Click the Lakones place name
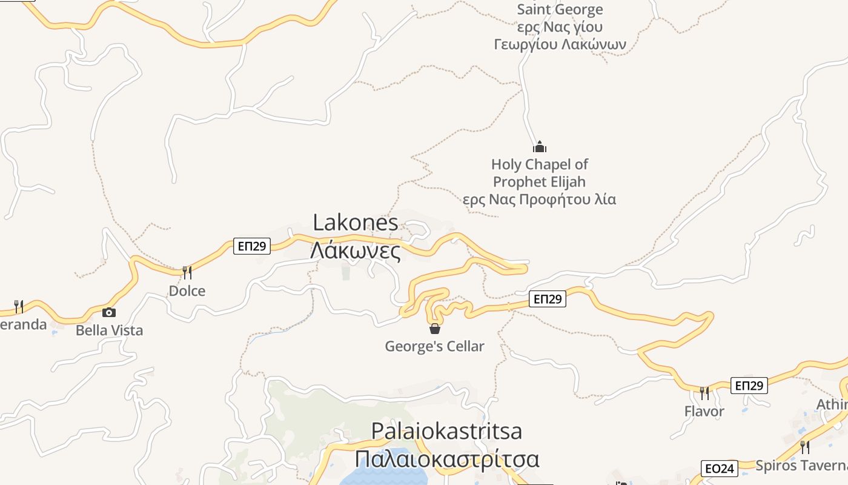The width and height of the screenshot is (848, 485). point(356,222)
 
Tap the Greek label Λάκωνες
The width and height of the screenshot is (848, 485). point(356,250)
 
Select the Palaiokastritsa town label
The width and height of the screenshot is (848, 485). point(446,431)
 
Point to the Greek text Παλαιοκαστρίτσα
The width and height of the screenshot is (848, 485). point(446,459)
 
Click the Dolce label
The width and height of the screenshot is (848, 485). point(187,291)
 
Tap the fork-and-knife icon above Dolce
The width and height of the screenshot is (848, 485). point(187,273)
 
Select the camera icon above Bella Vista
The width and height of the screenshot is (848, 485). point(109,312)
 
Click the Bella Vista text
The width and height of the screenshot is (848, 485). point(109,330)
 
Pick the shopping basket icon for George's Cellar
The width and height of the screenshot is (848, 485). point(434,329)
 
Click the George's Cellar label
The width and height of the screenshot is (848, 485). point(434,347)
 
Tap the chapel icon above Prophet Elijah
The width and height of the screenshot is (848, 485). point(539,147)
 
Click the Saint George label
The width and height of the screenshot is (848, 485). point(560,10)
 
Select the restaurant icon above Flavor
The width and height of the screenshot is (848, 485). point(704,393)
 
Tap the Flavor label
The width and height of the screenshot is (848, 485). point(704,412)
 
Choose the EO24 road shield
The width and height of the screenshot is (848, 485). point(720,468)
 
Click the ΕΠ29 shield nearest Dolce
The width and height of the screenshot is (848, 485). point(252,246)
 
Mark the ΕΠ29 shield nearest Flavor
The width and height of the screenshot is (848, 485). point(749,386)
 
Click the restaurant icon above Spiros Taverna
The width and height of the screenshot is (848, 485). point(804,447)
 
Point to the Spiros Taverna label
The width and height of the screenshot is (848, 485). point(801,466)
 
